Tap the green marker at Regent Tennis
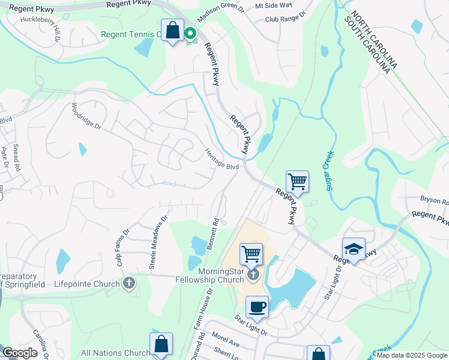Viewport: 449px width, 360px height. [x=191, y=34]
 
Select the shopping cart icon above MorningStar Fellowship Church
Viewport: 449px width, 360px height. [x=251, y=253]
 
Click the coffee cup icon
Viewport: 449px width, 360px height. [x=257, y=307]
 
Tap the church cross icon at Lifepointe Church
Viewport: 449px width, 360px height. [x=128, y=283]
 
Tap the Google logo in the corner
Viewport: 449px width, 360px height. [x=20, y=353]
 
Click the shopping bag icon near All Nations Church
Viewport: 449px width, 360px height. [x=161, y=344]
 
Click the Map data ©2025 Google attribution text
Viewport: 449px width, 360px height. [x=412, y=355]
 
